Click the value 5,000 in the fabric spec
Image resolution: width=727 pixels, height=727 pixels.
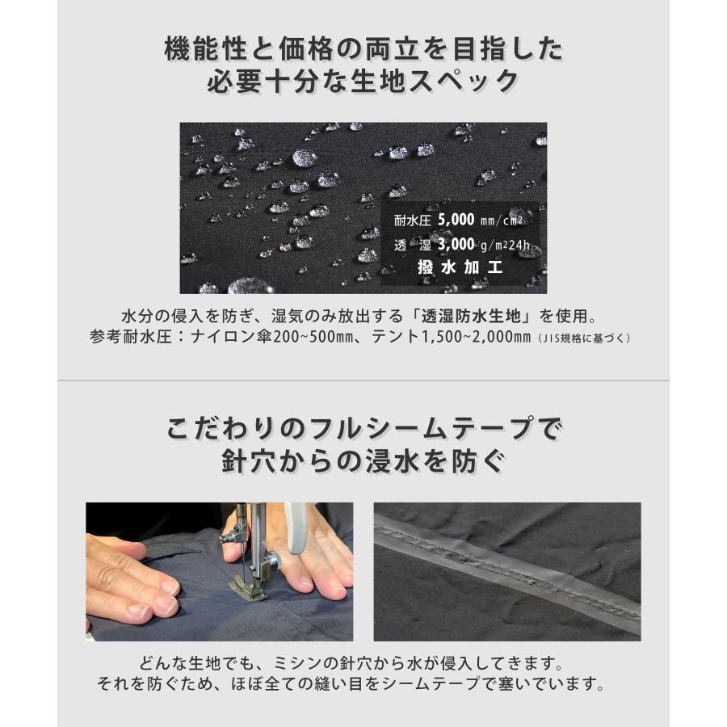coord(463,219)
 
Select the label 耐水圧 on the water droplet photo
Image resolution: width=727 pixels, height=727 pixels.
coord(413,220)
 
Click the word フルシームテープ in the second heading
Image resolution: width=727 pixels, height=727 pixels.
coord(397,428)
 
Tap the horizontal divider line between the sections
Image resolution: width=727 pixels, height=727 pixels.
coord(363,380)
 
